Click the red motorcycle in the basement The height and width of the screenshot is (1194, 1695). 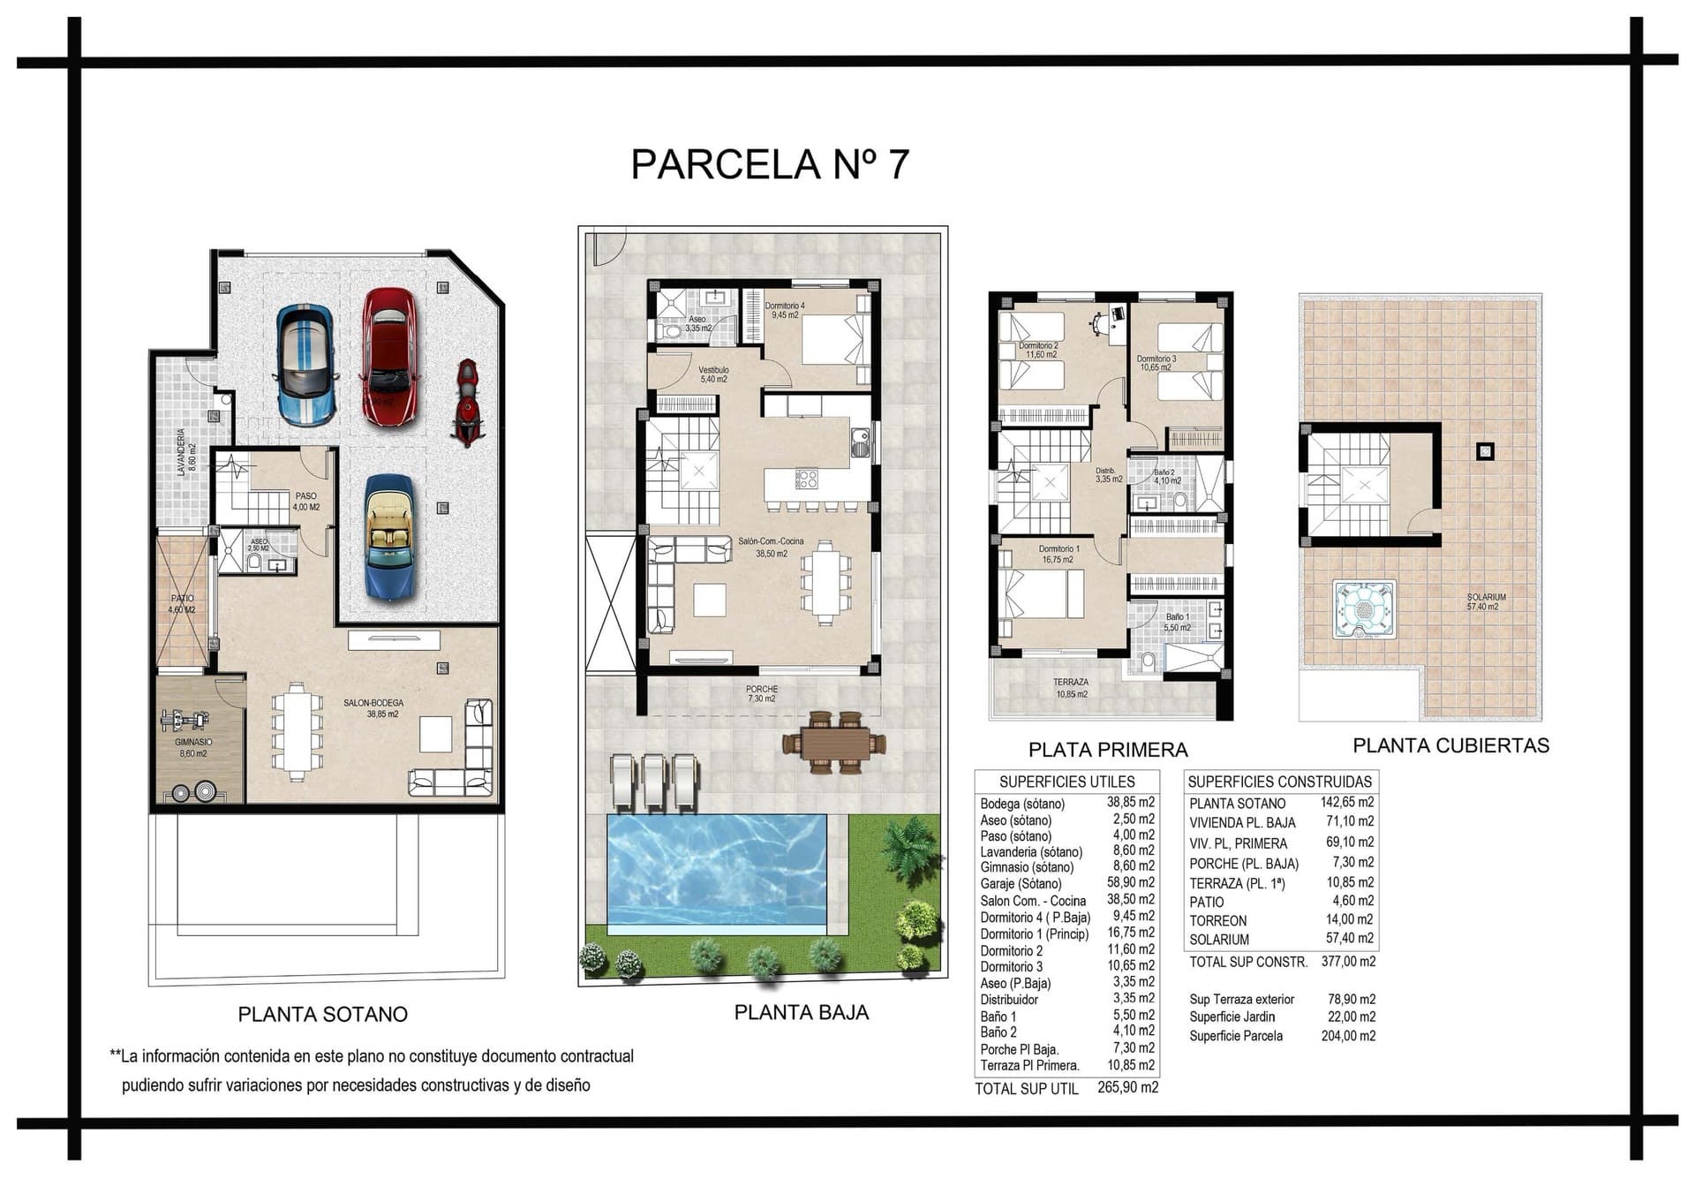(x=466, y=402)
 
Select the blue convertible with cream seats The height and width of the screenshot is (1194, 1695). (x=389, y=538)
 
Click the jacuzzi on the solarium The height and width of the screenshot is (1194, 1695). (x=1363, y=609)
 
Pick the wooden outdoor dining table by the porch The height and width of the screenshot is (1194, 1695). (x=834, y=743)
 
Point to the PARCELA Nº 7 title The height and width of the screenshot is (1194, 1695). (x=770, y=164)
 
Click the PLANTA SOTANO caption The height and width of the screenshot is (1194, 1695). (x=323, y=1014)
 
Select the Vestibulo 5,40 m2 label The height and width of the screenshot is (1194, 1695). (x=713, y=374)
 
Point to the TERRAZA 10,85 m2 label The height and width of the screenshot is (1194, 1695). (x=1071, y=688)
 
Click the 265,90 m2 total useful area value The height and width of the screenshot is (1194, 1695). (x=1127, y=1088)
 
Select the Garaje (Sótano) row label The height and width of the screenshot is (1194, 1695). (x=1021, y=883)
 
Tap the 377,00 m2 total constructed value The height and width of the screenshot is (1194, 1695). (x=1348, y=962)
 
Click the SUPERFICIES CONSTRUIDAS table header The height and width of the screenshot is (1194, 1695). (x=1279, y=782)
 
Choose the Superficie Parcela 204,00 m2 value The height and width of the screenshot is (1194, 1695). (x=1348, y=1036)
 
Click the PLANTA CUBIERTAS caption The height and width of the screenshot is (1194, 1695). (x=1450, y=745)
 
